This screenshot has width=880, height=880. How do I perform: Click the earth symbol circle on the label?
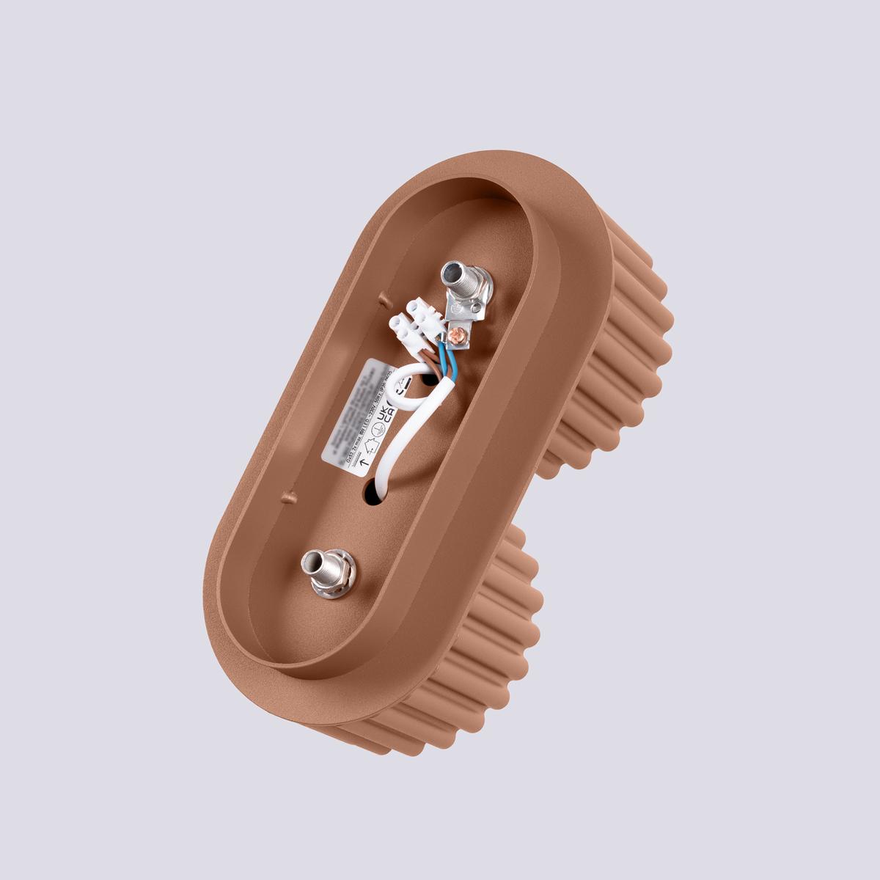[378, 433]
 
